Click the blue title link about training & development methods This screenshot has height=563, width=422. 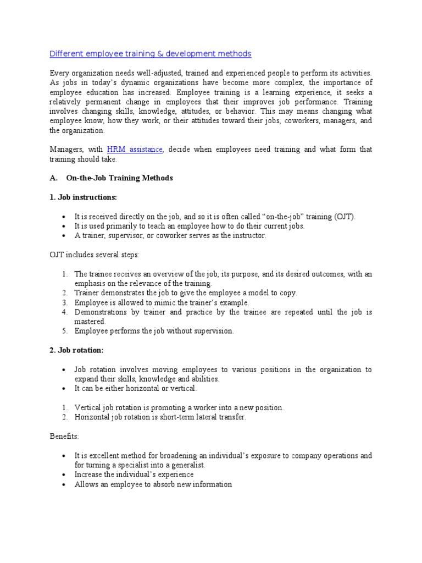pyautogui.click(x=150, y=53)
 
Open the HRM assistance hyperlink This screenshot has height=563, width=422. pyautogui.click(x=135, y=150)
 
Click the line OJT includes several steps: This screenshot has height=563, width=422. pyautogui.click(x=95, y=255)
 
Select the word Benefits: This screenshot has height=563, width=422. pyautogui.click(x=64, y=436)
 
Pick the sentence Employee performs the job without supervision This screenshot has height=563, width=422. pyautogui.click(x=154, y=331)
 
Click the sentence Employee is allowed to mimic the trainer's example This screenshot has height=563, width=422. pyautogui.click(x=162, y=302)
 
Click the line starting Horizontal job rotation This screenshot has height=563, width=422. pyautogui.click(x=160, y=417)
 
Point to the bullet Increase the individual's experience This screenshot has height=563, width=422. pyautogui.click(x=134, y=474)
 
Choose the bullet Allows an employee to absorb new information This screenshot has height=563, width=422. pyautogui.click(x=153, y=484)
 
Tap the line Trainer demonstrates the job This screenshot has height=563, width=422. pyautogui.click(x=185, y=293)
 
